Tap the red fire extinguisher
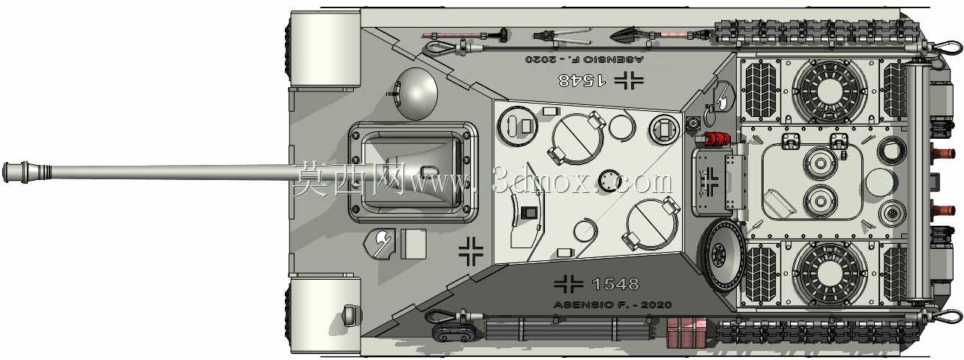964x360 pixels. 712,139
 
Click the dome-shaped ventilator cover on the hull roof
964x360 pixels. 416,94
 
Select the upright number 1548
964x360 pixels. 615,283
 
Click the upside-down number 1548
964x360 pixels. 582,79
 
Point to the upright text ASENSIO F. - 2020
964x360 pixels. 613,305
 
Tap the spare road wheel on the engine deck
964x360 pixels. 723,255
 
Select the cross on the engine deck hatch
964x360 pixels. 709,181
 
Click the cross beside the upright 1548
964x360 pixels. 568,283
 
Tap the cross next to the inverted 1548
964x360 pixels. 629,80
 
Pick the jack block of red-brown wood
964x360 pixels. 686,333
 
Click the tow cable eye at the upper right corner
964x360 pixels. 945,48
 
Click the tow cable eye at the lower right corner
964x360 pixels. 945,317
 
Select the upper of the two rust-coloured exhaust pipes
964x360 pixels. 942,152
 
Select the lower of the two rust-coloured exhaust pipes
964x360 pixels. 942,211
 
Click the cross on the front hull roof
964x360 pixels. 471,251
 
